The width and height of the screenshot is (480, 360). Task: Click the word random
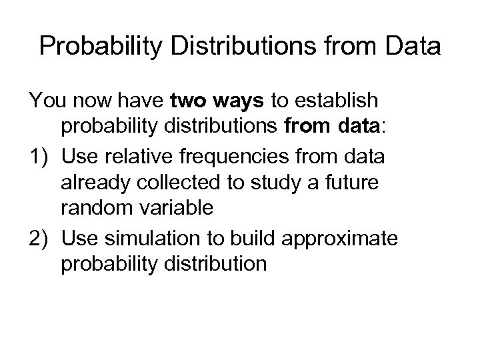pos(92,209)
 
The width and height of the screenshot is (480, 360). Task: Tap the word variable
pos(172,209)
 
